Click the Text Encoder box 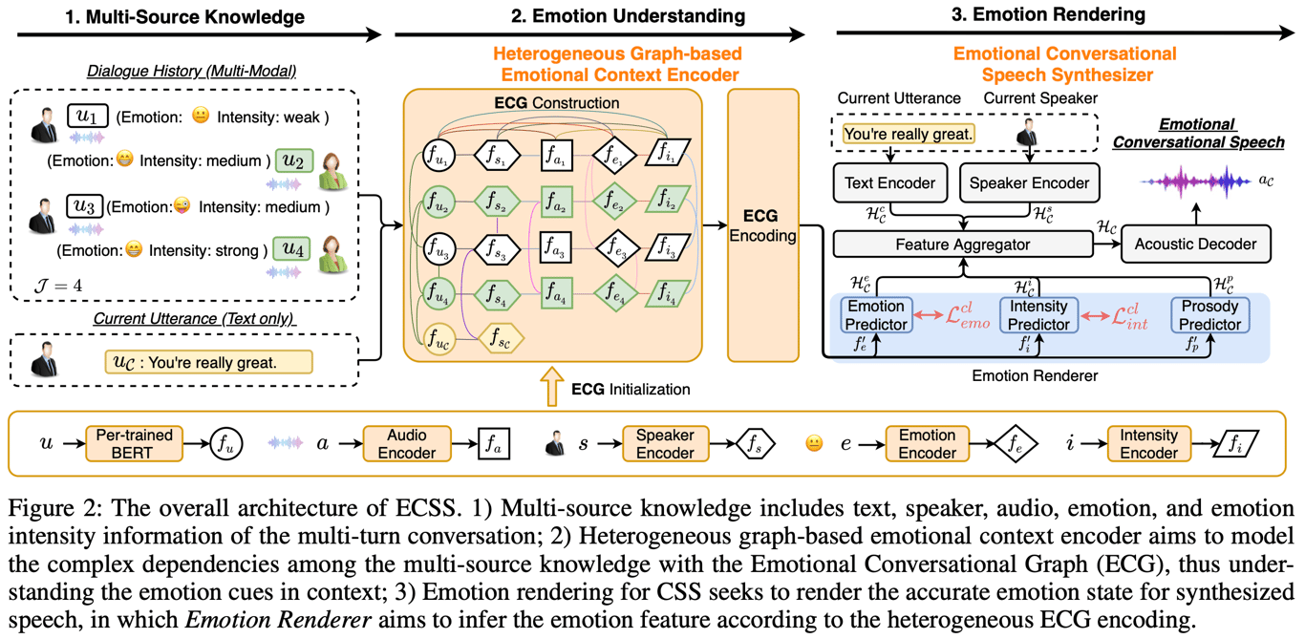890,182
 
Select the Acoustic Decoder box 1195,244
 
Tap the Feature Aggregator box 963,245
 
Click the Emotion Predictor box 876,315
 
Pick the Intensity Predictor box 1038,315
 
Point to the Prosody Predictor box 1209,315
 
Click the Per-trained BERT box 134,443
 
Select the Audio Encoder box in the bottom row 407,443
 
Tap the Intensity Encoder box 1147,443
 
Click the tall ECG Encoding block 762,225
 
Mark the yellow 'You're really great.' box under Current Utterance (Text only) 208,362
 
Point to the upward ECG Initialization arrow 552,389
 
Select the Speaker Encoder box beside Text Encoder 1029,182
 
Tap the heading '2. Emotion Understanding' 600,16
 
